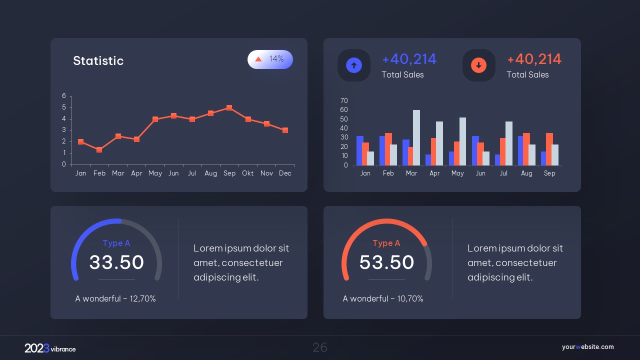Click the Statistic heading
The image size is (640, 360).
coord(98,61)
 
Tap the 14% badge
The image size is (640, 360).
coord(270,59)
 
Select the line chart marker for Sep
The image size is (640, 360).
coord(229,107)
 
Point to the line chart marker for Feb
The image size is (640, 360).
coord(99,150)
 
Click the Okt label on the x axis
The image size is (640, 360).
coord(248,173)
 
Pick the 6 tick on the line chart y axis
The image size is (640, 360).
coord(64,95)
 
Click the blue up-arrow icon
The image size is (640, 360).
coord(354,65)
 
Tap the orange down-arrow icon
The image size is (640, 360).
coord(478,65)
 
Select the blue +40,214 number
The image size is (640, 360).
coord(409,59)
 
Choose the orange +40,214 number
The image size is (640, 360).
coord(534,59)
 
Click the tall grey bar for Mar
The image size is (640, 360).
coord(416,137)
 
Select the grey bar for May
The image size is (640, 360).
coord(462,141)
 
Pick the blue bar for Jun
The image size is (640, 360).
coord(475,150)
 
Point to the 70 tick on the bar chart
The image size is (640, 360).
coord(344,100)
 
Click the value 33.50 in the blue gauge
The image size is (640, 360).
coord(116,262)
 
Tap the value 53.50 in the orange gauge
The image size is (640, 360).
coord(386,262)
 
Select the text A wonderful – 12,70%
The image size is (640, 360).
coord(115,298)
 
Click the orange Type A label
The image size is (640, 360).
coord(386,243)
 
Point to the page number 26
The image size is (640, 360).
coord(320,347)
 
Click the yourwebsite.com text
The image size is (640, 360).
coord(587,347)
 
